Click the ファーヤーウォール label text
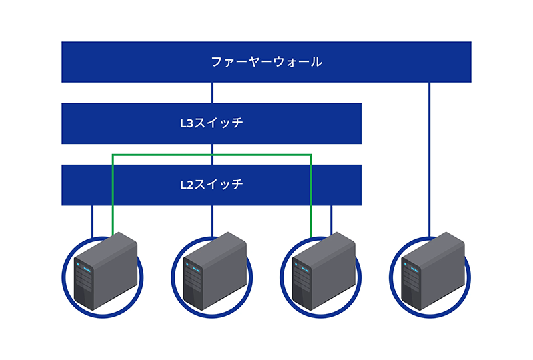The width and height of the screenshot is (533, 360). point(266,62)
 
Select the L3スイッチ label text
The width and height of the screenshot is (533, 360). point(211,123)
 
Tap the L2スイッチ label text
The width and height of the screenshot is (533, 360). point(211,185)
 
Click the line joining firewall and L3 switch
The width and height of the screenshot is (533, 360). point(212,93)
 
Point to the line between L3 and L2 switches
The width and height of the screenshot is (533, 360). point(212,150)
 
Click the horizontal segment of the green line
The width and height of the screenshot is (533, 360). point(212,155)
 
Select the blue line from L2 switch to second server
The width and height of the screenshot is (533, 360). point(212,220)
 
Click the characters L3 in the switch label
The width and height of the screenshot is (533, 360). point(187,123)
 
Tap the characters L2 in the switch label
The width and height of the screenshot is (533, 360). point(187,185)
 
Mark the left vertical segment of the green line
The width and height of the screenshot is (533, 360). point(113,193)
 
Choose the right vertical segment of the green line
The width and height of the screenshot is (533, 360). point(311,193)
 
